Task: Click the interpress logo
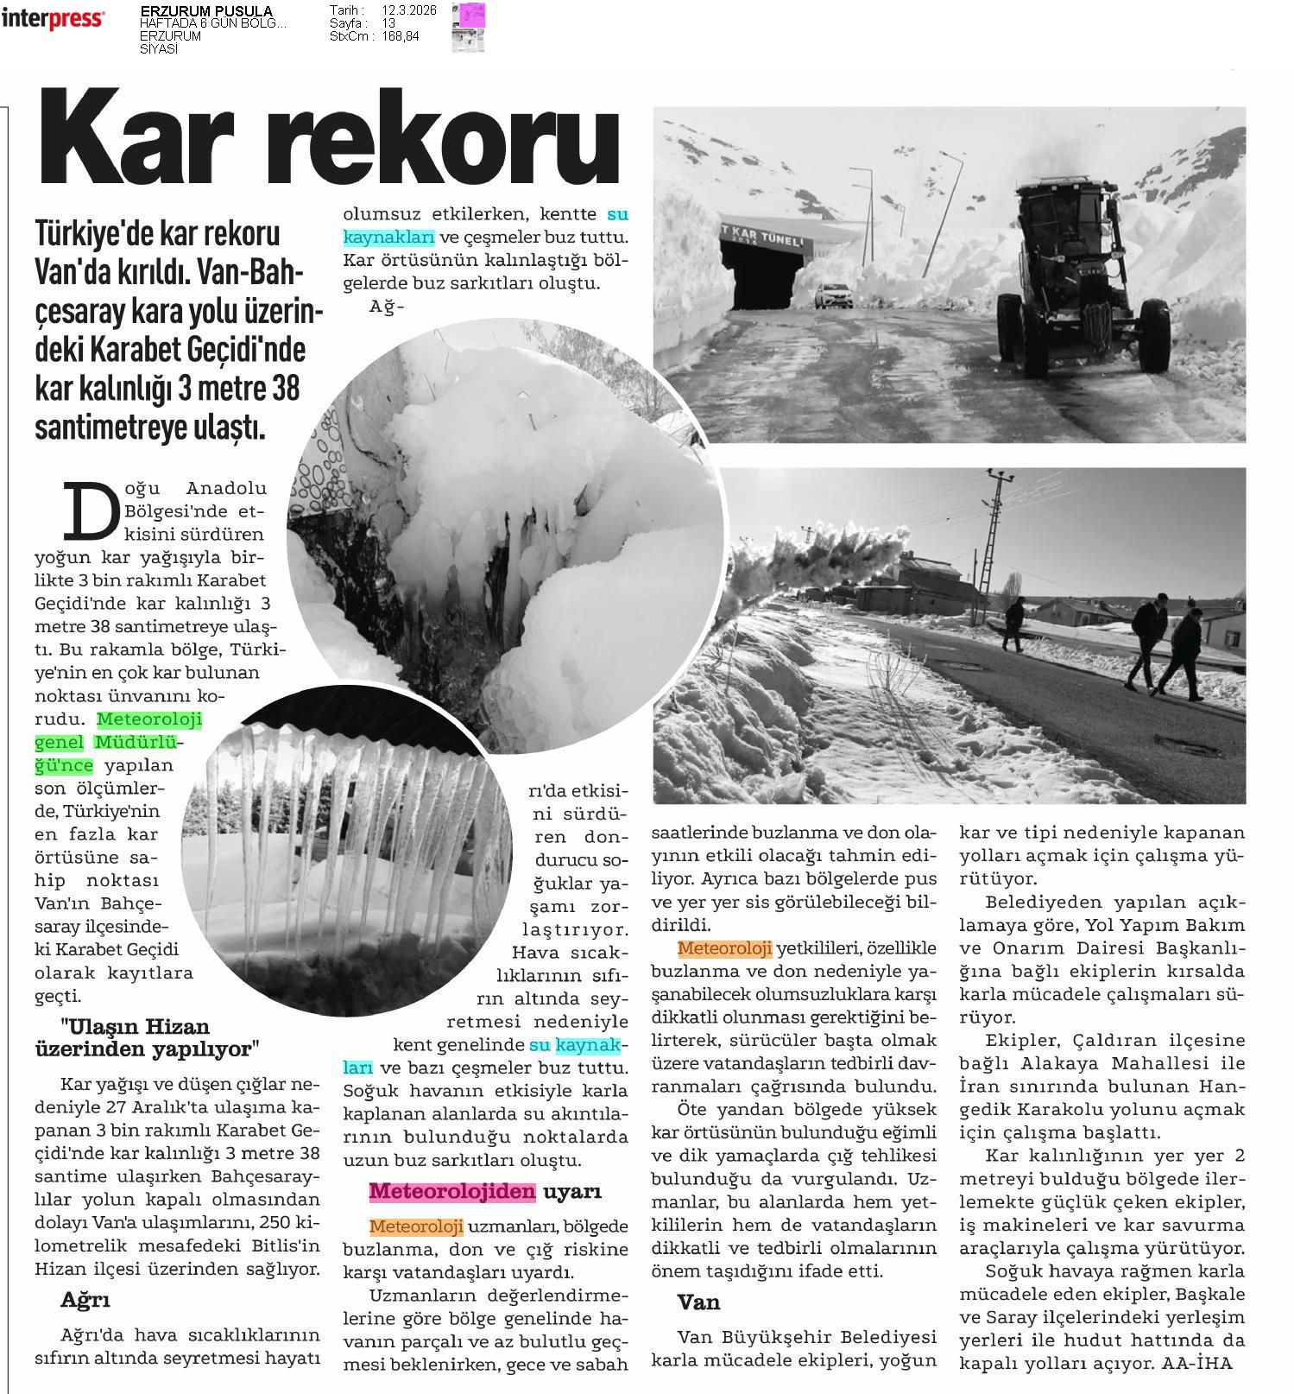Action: pos(54,19)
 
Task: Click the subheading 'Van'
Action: pos(698,1302)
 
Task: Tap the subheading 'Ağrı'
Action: pos(85,1299)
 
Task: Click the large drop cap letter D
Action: pos(87,509)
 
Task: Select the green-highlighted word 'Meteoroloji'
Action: pos(149,719)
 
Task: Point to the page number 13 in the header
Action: pos(389,23)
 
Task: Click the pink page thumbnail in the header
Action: pos(472,16)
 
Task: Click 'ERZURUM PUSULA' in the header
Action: pos(205,11)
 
